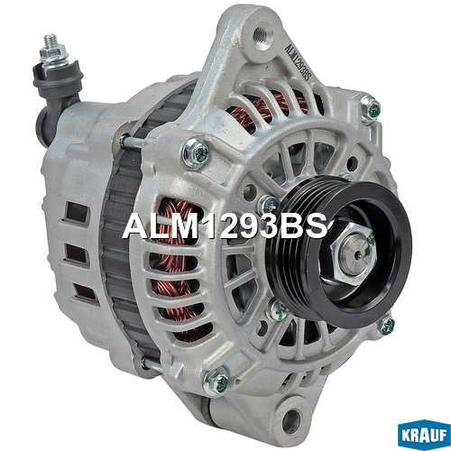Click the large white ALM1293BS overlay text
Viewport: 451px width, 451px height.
click(x=225, y=226)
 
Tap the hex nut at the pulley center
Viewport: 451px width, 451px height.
click(x=354, y=255)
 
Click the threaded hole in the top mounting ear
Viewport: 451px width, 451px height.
click(x=260, y=34)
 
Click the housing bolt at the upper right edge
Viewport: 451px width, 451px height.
click(x=371, y=109)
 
